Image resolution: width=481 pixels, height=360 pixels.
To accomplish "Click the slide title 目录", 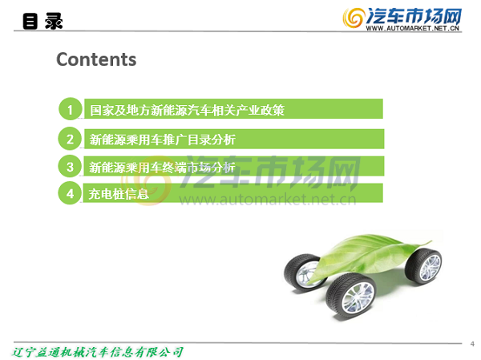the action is coord(42,21).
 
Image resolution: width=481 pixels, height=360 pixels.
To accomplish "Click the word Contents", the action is coord(96,59).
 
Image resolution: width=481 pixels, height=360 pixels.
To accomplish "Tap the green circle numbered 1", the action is coord(71,109).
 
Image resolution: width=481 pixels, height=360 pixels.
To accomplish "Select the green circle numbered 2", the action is coord(70,139).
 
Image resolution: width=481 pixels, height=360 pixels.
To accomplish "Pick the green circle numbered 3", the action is coord(70,166).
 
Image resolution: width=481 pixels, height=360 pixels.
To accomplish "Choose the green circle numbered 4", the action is coord(70,193).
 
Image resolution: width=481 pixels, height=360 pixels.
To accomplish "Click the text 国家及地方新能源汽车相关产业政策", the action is coord(187,110).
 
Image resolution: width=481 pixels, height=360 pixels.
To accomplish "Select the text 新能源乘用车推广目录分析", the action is coord(162,140).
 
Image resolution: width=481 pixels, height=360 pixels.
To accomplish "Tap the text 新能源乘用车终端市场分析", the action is coord(162,168).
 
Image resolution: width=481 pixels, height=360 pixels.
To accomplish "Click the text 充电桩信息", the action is coord(119,194).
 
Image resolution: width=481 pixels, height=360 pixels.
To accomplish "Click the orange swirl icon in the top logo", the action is coord(354,18).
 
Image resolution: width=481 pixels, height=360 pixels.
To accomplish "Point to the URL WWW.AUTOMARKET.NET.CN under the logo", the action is coord(413,28).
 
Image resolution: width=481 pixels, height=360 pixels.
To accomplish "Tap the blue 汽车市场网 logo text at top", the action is coord(414,16).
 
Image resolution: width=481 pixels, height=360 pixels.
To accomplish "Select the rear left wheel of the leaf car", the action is coord(304,272).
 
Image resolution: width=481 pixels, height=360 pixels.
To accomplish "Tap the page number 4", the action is coord(472,344).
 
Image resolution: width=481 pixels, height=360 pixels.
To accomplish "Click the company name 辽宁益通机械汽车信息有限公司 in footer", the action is coord(98,352).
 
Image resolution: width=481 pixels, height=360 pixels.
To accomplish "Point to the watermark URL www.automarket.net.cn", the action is coord(268,200).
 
